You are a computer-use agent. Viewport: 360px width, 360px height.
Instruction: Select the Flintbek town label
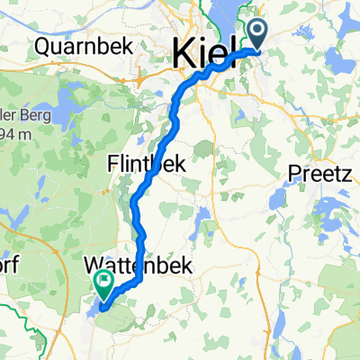(147, 165)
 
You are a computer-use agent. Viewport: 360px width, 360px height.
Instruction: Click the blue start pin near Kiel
(258, 36)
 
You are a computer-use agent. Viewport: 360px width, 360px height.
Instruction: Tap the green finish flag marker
(105, 284)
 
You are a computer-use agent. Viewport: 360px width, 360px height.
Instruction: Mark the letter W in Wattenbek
(94, 266)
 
